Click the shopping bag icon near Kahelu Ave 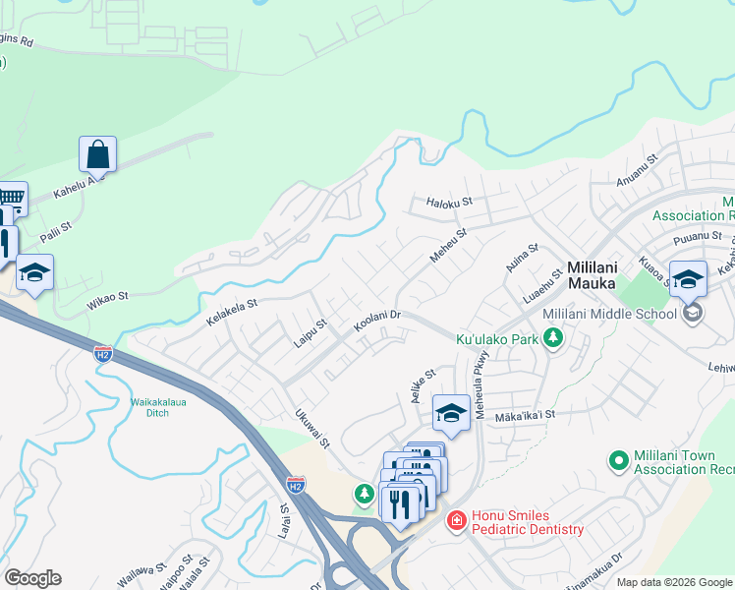tap(97, 154)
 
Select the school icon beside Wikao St tap(34, 273)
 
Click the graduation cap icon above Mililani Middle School tap(688, 279)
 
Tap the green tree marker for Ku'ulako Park tap(553, 339)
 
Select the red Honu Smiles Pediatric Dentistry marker tap(456, 520)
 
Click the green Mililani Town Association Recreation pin tap(618, 459)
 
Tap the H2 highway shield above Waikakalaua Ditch tap(102, 354)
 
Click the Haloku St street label tap(450, 203)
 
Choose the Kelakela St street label tap(231, 314)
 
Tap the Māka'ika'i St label tap(526, 415)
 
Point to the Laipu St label tap(310, 331)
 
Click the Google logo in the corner tap(32, 578)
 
